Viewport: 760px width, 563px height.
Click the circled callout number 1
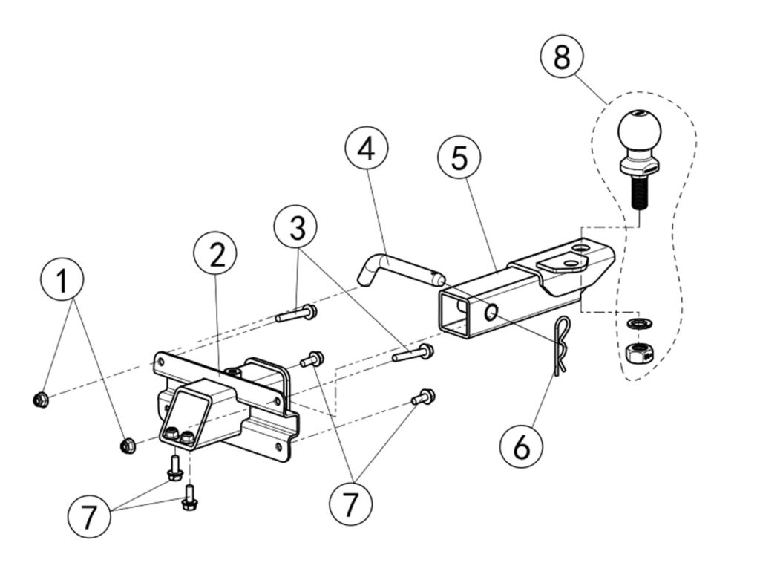(62, 281)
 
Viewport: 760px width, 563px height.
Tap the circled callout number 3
(297, 227)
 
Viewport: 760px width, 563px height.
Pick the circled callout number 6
(520, 447)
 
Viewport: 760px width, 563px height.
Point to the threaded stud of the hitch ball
(638, 193)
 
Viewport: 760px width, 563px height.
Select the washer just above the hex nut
(636, 323)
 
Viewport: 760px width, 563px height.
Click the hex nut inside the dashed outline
(636, 351)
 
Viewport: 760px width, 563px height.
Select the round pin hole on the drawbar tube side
(491, 313)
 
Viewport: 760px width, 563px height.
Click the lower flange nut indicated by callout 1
(127, 446)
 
